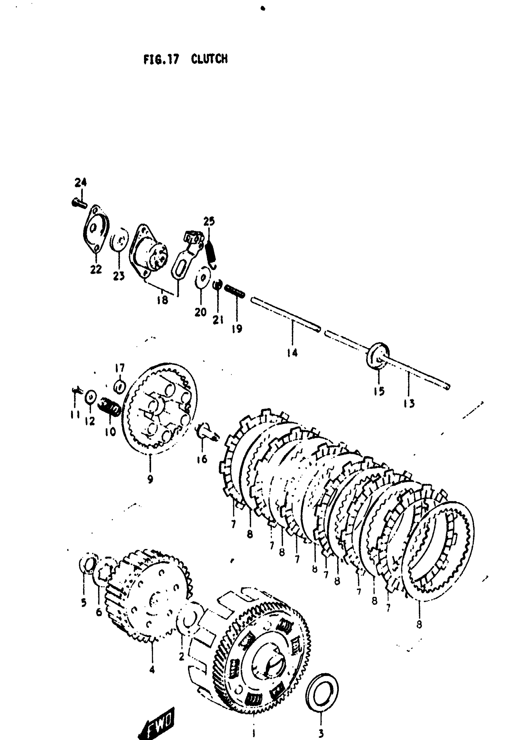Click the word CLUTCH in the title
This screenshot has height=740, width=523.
point(209,59)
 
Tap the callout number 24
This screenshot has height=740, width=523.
point(81,182)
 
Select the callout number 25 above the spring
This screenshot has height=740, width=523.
point(209,222)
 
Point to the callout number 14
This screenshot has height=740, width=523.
point(292,353)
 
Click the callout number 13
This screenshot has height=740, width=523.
point(409,403)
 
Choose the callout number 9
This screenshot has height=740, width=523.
point(150,479)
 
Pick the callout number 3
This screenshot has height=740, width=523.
point(321,734)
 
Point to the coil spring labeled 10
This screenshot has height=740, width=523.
point(110,407)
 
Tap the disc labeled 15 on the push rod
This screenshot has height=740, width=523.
point(377,356)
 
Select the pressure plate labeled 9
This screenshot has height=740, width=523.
point(160,409)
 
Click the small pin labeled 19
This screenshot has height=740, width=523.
point(234,291)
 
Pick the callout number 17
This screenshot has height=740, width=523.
point(120,368)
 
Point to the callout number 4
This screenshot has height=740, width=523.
point(152,670)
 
